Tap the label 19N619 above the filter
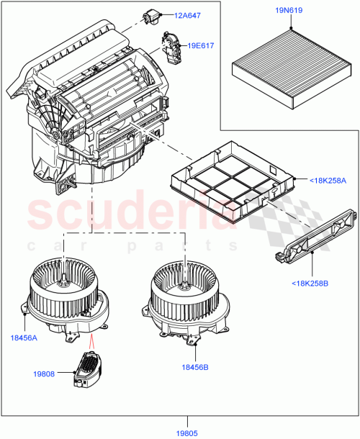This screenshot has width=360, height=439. click(x=288, y=11)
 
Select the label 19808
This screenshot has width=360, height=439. click(x=45, y=374)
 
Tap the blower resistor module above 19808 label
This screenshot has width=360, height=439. click(x=89, y=368)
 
